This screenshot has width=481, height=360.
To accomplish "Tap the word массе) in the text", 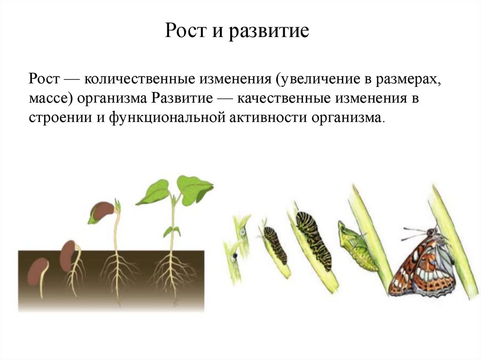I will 48,99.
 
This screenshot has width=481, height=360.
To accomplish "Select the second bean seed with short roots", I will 68,256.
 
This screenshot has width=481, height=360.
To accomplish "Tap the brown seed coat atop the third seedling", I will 102,211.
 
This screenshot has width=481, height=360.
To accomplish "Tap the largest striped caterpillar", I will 313,239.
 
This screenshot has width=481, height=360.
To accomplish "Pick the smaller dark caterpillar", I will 275,244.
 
